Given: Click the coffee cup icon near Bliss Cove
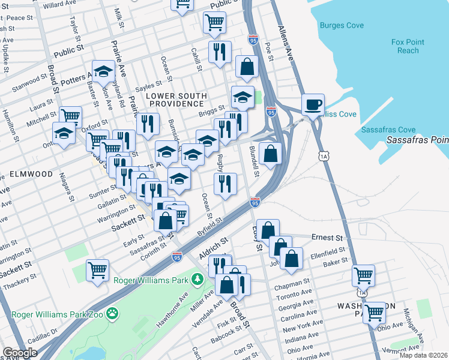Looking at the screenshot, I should pos(313,104).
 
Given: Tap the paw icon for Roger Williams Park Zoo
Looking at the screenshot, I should pos(112,313).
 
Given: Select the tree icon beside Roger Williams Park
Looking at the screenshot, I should pos(196,279).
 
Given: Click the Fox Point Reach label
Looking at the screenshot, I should pos(408,46).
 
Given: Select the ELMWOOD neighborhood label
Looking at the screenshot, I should pos(31,174).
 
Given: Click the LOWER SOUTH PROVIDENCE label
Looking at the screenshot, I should pos(176,100).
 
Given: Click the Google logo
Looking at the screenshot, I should pos(20,352).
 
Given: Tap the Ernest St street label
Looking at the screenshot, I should pos(327,238).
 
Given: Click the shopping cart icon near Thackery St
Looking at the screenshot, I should pos(97,269).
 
